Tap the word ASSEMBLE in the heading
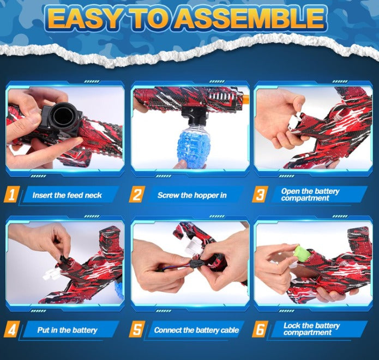(253, 19)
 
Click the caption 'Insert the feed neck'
(67, 195)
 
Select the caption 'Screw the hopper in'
(192, 195)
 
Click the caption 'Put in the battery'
(67, 330)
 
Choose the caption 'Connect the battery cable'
(195, 330)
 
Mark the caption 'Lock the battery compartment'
(311, 330)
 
